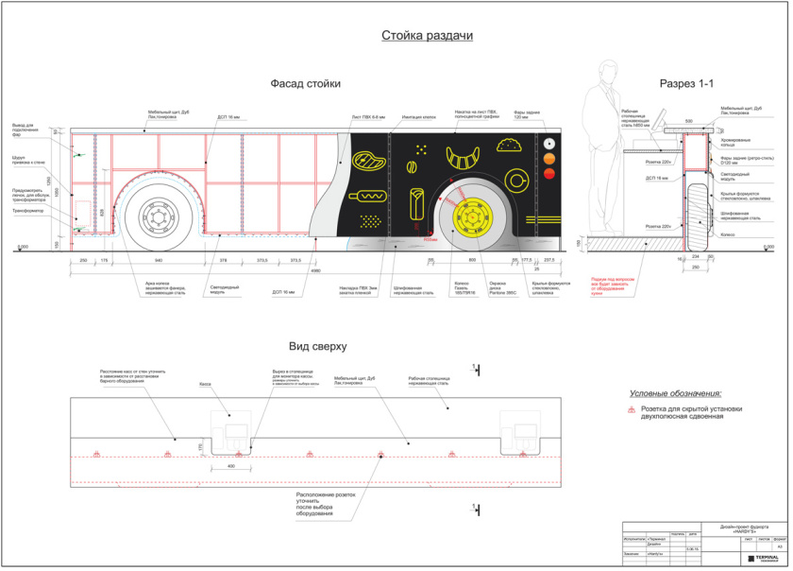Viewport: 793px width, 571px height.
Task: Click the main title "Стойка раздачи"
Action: (x=427, y=36)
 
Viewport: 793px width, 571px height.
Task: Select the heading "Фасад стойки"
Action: (x=305, y=83)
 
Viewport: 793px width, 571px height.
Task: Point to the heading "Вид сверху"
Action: (x=318, y=347)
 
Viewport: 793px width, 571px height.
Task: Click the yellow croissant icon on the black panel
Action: (x=465, y=151)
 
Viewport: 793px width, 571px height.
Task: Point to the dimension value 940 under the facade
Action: (x=159, y=260)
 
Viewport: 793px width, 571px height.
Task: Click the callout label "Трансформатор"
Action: (x=26, y=212)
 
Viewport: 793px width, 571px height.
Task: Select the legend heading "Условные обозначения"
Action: (x=677, y=392)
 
